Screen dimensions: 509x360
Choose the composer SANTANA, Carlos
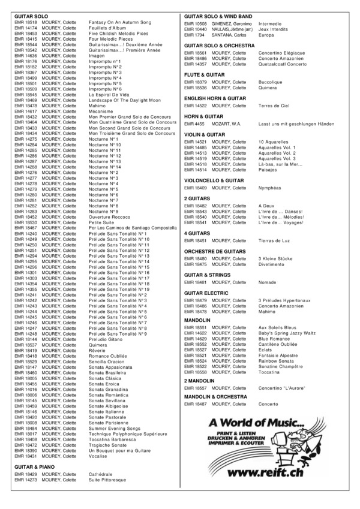[x=229, y=35]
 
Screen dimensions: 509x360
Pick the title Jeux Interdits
[x=274, y=29]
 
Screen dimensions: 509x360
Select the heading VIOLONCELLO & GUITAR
[x=214, y=180]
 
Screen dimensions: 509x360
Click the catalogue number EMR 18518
[x=25, y=22]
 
